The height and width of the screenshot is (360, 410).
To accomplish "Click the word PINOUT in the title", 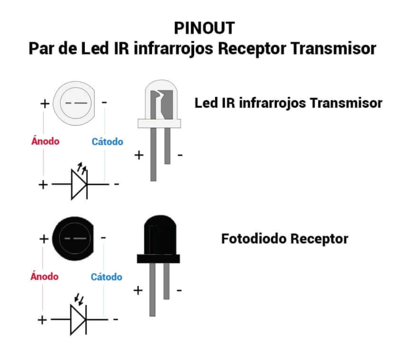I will [204, 28].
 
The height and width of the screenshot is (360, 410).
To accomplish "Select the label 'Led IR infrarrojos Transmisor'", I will [288, 103].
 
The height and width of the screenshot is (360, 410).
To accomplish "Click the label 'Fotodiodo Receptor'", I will [285, 239].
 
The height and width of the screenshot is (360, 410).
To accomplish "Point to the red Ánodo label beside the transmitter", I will [45, 141].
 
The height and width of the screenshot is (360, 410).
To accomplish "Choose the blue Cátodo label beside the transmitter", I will [107, 142].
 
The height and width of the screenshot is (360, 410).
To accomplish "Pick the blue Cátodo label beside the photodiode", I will [107, 277].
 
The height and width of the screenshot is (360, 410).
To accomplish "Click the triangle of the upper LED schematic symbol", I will [78, 184].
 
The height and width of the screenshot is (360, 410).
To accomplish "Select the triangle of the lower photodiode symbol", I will [78, 320].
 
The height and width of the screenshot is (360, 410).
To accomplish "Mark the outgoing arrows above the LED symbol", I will [82, 167].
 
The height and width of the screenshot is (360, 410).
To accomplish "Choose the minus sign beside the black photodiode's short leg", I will [179, 290].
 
